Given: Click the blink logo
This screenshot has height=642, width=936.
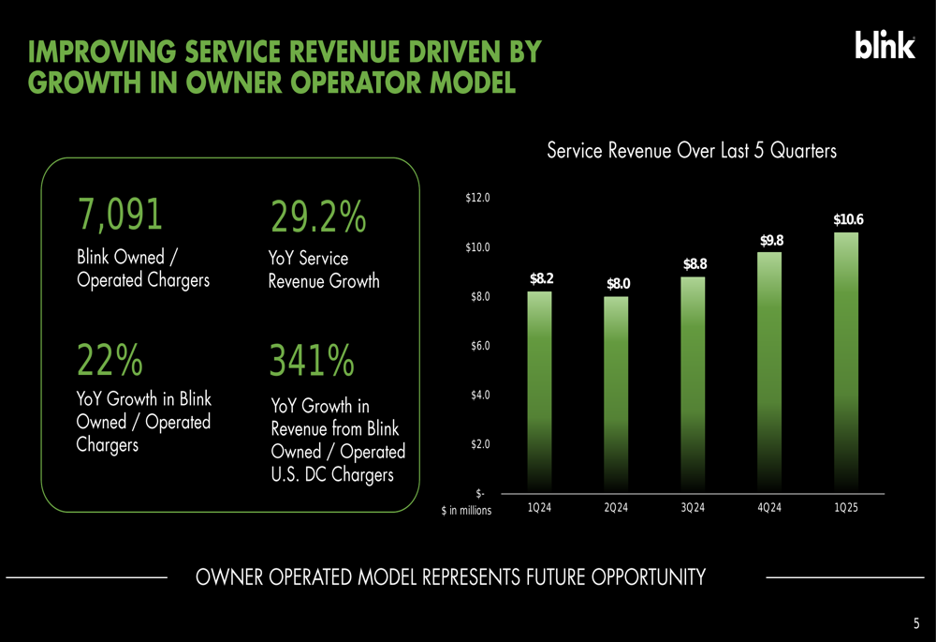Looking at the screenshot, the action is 885,45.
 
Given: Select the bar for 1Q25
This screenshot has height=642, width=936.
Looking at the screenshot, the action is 846,363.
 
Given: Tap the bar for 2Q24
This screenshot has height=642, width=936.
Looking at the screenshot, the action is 616,396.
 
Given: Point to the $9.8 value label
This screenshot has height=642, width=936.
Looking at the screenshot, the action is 771,240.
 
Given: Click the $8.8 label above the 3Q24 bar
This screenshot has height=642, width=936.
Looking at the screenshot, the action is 695,264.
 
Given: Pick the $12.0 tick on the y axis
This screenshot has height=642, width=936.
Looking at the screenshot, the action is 477,197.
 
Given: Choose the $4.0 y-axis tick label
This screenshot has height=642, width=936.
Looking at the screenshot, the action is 480,395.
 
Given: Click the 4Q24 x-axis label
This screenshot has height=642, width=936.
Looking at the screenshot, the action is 768,507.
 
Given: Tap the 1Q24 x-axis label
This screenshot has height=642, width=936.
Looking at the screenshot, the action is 539,507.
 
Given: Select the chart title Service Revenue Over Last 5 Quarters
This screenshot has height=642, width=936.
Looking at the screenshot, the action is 692,151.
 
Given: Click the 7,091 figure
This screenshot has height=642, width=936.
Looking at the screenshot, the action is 120,214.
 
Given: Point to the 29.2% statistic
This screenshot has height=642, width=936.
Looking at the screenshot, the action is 318,216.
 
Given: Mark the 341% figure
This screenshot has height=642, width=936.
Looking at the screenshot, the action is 312,360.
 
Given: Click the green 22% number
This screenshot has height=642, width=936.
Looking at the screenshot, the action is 110,360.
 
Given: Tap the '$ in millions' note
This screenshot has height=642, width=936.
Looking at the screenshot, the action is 466,511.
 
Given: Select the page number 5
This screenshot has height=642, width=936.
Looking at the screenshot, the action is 916,623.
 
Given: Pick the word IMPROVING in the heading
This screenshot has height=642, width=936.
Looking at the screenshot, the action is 102,52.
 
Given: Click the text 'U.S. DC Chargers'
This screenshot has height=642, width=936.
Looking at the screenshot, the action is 332,474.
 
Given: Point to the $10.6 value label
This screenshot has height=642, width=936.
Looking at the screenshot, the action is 848,219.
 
